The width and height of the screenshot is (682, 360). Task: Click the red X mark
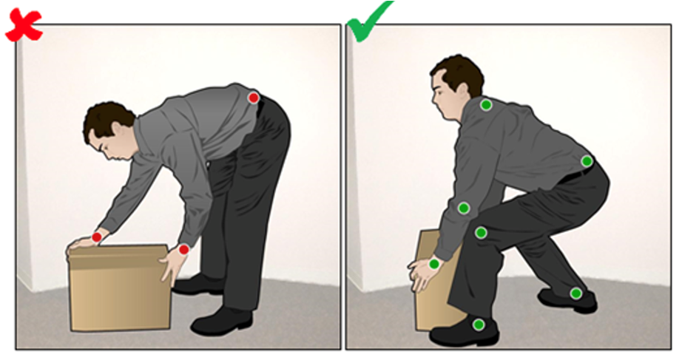tap(22, 25)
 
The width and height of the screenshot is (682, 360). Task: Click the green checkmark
tap(367, 22)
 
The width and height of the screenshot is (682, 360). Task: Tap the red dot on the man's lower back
tap(254, 98)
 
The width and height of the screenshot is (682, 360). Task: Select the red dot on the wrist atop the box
tap(96, 237)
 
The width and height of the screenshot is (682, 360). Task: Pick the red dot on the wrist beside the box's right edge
tap(183, 250)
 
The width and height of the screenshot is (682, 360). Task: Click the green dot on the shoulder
tap(486, 105)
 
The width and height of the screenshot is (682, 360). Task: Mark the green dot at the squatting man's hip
tap(587, 161)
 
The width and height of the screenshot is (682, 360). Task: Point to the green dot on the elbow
tap(464, 208)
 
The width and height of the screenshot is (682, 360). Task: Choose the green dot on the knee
tap(481, 233)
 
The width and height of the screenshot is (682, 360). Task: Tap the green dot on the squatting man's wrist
tap(434, 264)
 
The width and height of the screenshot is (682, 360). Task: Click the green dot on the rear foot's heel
tap(575, 293)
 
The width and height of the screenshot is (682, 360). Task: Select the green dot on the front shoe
tap(479, 325)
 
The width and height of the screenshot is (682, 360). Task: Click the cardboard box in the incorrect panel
tap(118, 288)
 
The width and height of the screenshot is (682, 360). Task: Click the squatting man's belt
tap(573, 176)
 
